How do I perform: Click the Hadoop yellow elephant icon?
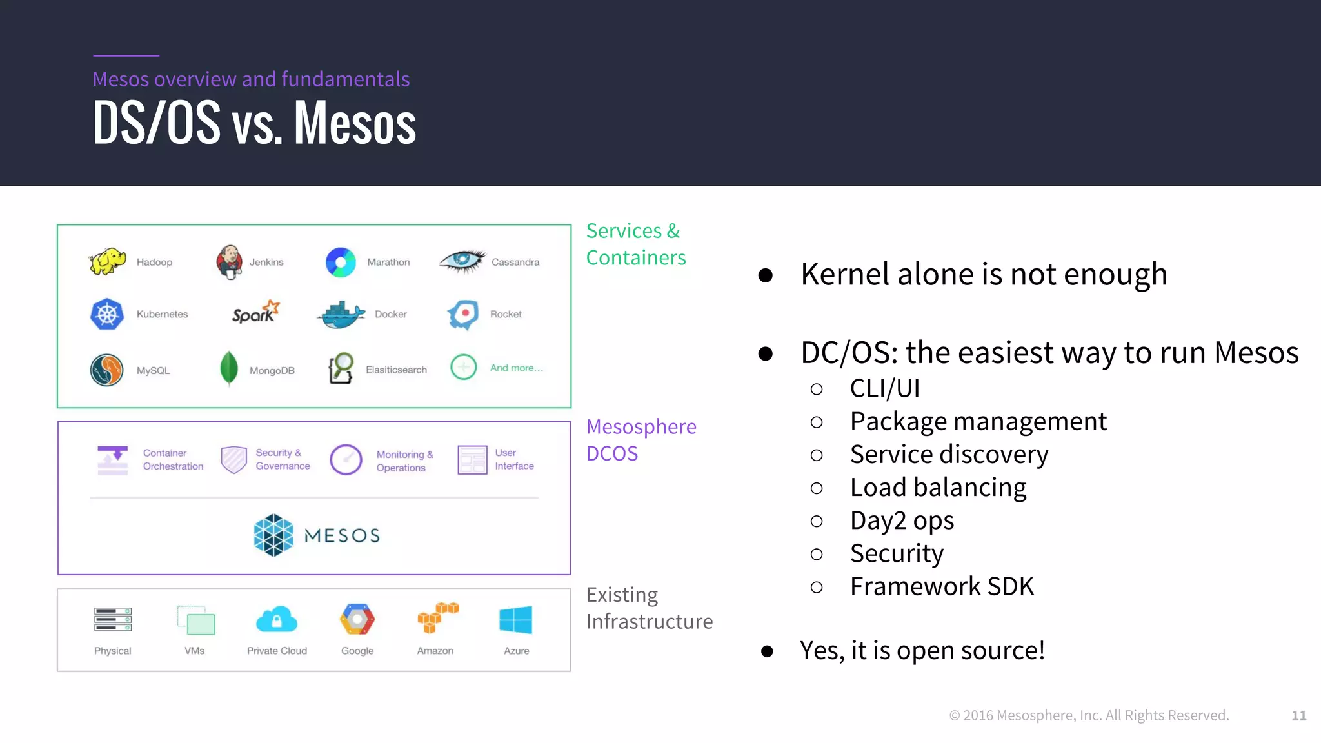[x=108, y=261]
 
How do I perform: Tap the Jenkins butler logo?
[x=229, y=262]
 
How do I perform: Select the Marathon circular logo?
[x=341, y=262]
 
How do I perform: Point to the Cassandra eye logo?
[x=462, y=261]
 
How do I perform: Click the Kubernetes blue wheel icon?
[x=107, y=314]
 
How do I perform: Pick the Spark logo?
[x=255, y=313]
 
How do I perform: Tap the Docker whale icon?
[x=341, y=315]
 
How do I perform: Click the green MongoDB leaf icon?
[x=228, y=368]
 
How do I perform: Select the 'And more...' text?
[x=516, y=368]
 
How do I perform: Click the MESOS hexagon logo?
[x=273, y=535]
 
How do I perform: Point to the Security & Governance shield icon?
[x=233, y=459]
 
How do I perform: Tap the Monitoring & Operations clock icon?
[x=346, y=460]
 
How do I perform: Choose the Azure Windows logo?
[x=516, y=620]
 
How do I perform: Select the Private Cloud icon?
[x=276, y=620]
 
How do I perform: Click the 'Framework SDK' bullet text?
[x=942, y=586]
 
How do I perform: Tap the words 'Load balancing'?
[x=938, y=488]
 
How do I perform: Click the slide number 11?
[x=1298, y=715]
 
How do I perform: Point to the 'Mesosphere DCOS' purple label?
[x=641, y=440]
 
